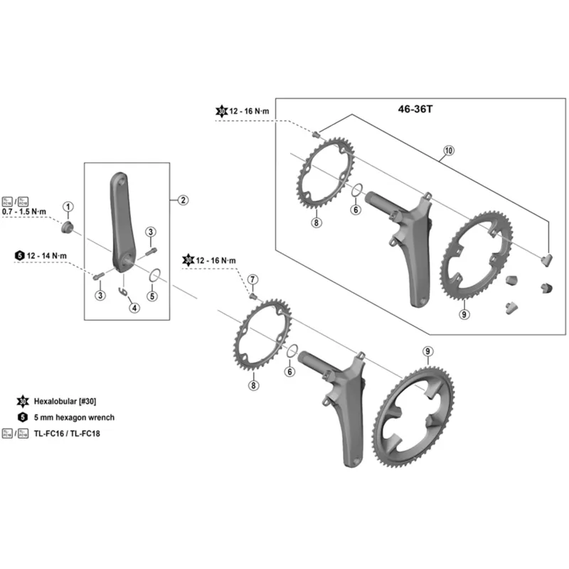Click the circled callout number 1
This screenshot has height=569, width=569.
point(68,207)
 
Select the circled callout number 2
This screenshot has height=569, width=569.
point(183,200)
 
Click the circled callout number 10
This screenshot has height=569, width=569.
point(448,150)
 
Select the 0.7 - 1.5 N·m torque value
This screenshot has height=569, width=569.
point(26,213)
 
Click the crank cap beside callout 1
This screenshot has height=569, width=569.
point(68,227)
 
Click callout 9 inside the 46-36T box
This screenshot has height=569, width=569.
point(464,314)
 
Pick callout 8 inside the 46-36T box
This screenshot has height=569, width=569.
point(317,223)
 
